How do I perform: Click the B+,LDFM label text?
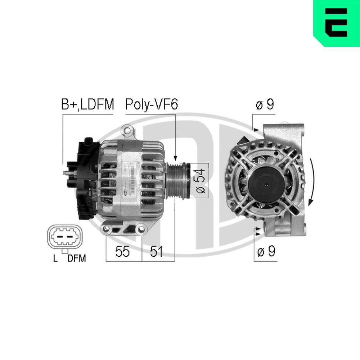tap(87, 105)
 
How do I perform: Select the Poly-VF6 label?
tap(151, 105)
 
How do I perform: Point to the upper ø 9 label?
tap(265, 105)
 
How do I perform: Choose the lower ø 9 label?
tap(266, 252)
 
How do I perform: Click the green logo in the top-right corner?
tap(336, 23)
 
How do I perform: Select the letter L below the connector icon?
tap(55, 258)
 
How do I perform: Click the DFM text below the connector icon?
tap(77, 258)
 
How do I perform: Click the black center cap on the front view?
tap(265, 184)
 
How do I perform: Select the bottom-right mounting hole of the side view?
tap(141, 228)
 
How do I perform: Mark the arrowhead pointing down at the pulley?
tap(176, 158)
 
